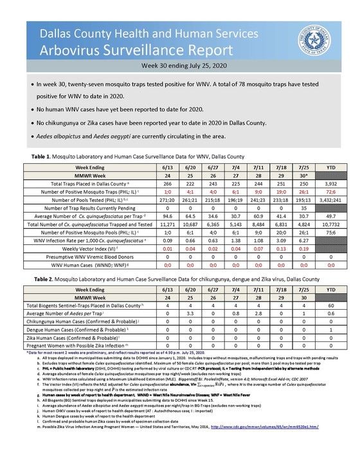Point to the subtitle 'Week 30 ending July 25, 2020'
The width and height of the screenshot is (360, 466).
click(x=179, y=66)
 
